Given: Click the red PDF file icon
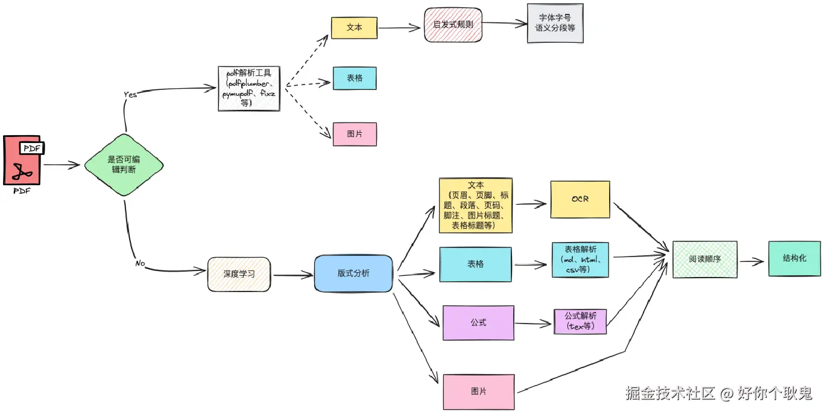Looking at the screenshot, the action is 23,160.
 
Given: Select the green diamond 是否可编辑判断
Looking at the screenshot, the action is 124,165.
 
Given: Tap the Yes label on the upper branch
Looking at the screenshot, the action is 130,95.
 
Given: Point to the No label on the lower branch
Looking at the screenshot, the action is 140,263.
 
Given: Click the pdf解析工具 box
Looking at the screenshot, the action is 249,89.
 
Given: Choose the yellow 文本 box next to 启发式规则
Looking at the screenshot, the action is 355,28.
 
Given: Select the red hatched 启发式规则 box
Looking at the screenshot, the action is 453,25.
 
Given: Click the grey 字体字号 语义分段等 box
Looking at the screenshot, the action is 555,23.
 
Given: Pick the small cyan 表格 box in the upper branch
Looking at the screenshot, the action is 355,78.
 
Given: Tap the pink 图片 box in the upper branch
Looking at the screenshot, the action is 355,134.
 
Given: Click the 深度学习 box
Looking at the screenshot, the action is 239,274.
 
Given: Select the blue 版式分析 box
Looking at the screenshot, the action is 353,273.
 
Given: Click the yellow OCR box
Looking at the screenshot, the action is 580,199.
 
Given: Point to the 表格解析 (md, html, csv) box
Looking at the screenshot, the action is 580,260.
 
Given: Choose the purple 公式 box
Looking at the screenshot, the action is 478,323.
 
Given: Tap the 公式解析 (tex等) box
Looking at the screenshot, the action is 580,322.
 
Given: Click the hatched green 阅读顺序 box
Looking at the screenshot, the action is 705,259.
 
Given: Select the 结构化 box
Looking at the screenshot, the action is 794,258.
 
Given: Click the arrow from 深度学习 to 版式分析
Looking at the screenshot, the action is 293,275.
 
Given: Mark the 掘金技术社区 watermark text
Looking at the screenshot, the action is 670,393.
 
